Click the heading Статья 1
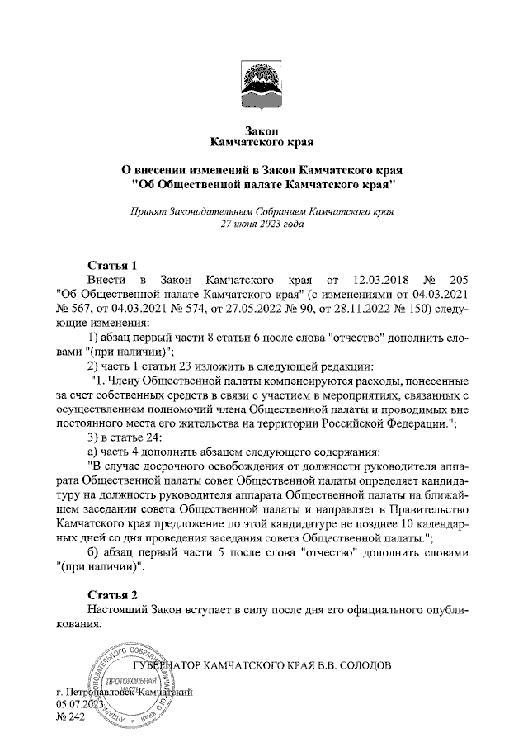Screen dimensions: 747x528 112,266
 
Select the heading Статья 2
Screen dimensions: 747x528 112,595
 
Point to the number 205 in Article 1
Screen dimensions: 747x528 456,281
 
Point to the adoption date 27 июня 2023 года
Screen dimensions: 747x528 263,224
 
